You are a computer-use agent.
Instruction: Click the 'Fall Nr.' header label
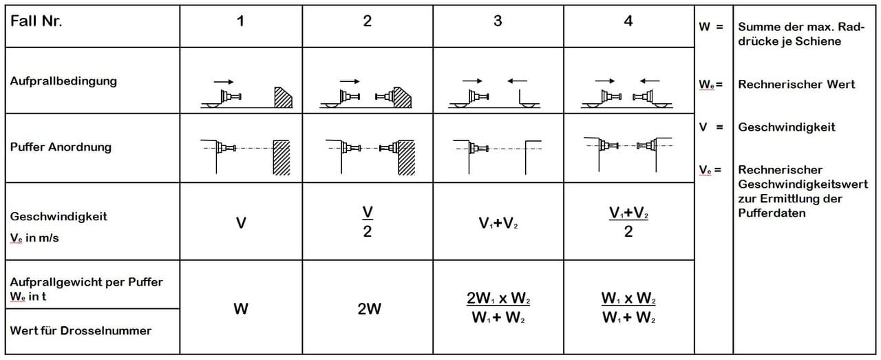(36, 21)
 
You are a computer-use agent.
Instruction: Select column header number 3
(498, 21)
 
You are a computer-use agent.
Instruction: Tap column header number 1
(240, 21)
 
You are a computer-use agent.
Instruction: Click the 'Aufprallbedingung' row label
(63, 81)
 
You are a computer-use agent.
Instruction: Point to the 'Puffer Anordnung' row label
(61, 147)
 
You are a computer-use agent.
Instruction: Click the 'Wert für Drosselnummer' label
(81, 330)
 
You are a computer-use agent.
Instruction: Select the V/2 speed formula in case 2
(368, 222)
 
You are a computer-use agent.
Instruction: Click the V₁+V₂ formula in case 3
(498, 223)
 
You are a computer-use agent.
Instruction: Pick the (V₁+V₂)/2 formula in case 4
(628, 222)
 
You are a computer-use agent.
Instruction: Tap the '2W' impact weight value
(369, 309)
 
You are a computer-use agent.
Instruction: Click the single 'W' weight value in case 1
(241, 309)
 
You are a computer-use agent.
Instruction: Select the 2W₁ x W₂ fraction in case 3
(498, 307)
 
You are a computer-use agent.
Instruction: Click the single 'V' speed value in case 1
(241, 223)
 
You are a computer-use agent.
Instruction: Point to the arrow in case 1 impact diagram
(224, 82)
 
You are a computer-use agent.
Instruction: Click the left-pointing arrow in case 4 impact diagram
(650, 81)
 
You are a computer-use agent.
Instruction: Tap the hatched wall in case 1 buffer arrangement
(282, 158)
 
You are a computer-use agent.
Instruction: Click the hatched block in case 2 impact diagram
(402, 98)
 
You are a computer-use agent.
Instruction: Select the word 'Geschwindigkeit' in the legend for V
(786, 127)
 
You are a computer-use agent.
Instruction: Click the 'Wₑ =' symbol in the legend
(711, 85)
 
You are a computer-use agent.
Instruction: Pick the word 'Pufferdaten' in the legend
(772, 213)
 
